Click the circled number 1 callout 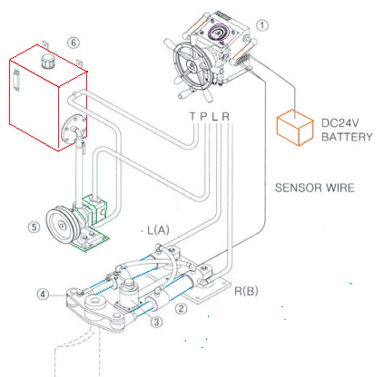coord(262,25)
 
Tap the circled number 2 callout coord(181,309)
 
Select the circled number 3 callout coord(156,322)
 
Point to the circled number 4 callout coord(43,294)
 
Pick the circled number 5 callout coord(34,227)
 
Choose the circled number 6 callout coord(74,43)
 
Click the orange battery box coord(295,128)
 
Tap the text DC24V coord(340,123)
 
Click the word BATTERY coord(347,137)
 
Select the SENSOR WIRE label coord(315,188)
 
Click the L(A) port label coord(158,230)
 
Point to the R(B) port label coord(246,291)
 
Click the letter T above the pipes coord(192,116)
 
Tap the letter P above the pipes coord(204,116)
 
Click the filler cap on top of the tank coord(47,62)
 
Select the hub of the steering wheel coord(192,66)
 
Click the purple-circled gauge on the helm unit coord(219,32)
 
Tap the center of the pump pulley coord(62,225)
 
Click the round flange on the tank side coord(74,130)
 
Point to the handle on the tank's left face coord(16,80)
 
